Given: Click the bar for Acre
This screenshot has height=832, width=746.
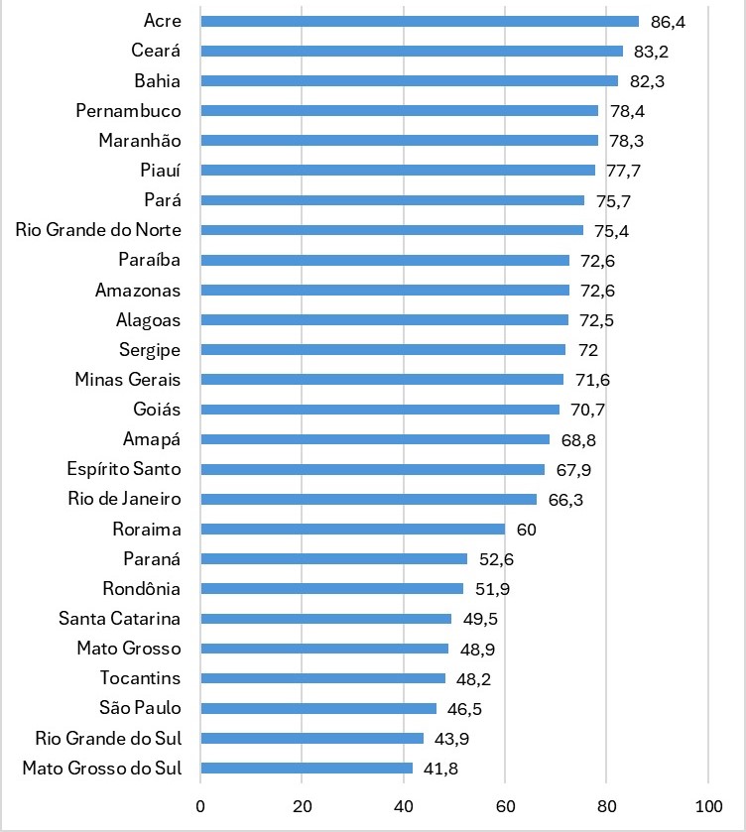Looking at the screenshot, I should tap(420, 21).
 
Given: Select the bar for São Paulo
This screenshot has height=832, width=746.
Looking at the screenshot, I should tap(318, 708).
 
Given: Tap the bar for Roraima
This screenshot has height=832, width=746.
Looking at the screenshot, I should tap(352, 529).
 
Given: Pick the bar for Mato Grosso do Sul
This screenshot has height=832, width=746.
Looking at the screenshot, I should tap(307, 768).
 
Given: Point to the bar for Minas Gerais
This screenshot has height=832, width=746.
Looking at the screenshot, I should tap(382, 379).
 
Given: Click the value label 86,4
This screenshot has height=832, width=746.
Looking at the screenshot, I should tap(668, 21).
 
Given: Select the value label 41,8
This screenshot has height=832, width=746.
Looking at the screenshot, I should tap(440, 768).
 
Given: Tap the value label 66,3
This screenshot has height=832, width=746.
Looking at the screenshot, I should tap(565, 499).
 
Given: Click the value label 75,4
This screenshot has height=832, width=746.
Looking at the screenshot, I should tap(611, 230).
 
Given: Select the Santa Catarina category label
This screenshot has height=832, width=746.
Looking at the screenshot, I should tap(119, 619).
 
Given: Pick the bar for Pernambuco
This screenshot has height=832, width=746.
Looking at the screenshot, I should tap(399, 110).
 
